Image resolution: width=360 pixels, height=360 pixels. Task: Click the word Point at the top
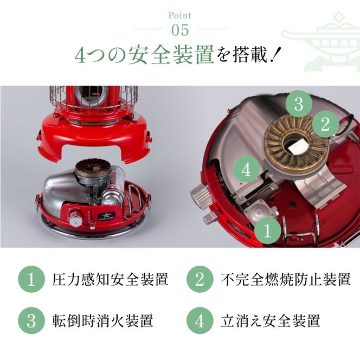(179, 16)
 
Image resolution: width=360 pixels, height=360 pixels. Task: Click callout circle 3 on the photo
(299, 104)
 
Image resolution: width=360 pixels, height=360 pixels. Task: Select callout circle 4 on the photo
(246, 170)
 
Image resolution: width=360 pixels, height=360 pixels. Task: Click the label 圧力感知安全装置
(111, 280)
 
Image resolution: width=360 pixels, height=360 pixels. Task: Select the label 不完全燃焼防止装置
(286, 280)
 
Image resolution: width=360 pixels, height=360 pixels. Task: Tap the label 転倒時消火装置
(102, 320)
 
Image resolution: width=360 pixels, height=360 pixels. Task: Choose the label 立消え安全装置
(271, 320)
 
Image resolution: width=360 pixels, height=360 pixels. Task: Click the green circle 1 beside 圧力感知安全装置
(31, 280)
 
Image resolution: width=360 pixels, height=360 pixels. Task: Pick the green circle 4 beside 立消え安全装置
(200, 320)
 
